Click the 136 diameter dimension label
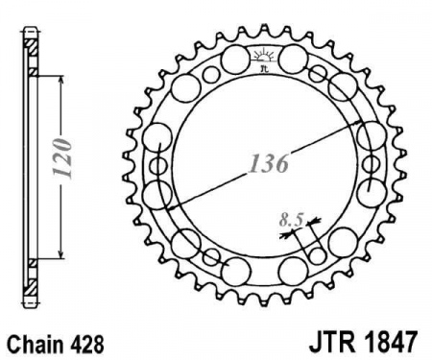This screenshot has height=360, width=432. pos(269,163)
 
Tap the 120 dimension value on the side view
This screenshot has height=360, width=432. pos(61,158)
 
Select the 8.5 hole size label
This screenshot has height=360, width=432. pos(291,220)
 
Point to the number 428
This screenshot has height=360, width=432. pos(86,345)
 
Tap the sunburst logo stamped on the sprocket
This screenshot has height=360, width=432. pos(263,56)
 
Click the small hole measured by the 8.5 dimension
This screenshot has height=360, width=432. pos(318,255)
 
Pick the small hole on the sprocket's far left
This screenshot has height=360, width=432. pos(158,165)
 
